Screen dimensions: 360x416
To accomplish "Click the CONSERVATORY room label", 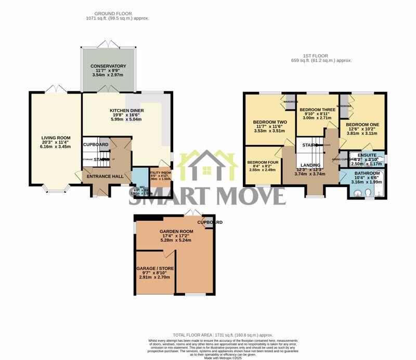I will (108, 66).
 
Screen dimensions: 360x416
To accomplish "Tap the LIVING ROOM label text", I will (56, 138).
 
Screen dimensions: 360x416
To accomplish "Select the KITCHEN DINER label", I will (126, 111).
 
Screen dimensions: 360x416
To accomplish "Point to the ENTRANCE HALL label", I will (105, 177).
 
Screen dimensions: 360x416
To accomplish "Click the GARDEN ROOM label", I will (176, 231).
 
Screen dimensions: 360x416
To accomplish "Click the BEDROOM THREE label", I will (317, 110).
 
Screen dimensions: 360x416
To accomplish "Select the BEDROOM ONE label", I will (362, 125).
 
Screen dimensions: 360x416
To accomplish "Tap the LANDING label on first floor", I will (310, 165).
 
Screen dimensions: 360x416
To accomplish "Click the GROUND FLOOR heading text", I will (113, 13).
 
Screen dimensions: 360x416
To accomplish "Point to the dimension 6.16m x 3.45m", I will (56, 146).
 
